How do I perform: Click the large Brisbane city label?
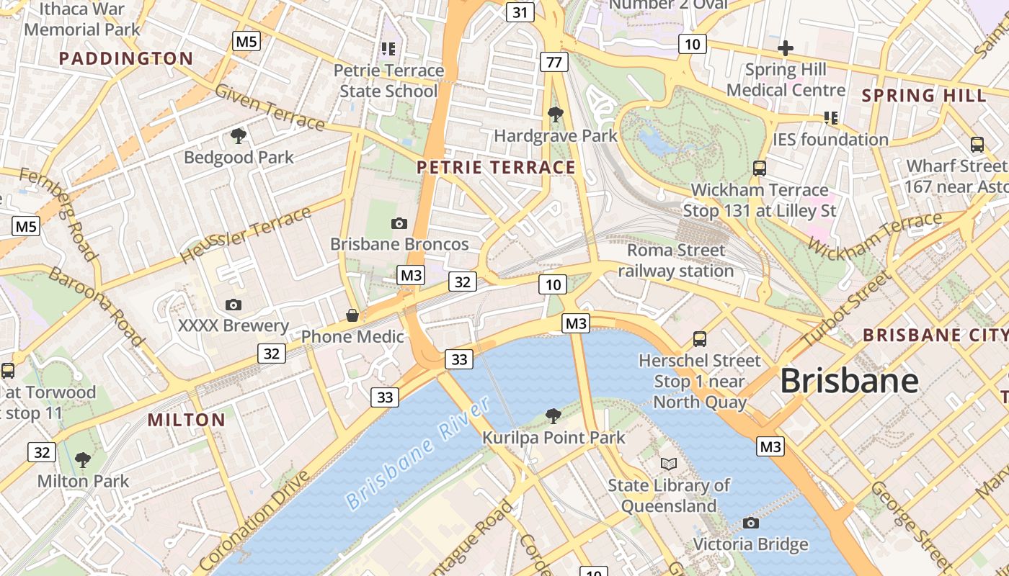[x=849, y=381]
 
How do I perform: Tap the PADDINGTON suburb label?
[x=126, y=58]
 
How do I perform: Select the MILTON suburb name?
[x=187, y=420]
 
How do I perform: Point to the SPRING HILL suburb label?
[x=924, y=95]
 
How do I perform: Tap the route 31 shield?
[x=520, y=12]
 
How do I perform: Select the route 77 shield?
[x=554, y=62]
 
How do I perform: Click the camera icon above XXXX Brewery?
[x=233, y=305]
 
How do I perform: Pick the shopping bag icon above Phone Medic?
[x=352, y=315]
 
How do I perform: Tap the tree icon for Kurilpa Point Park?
[x=554, y=415]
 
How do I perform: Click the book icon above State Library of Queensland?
[x=669, y=464]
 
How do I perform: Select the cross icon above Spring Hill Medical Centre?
[x=786, y=49]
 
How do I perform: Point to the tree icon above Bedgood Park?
[x=239, y=136]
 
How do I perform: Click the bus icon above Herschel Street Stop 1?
[x=699, y=339]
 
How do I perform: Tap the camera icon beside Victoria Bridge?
[x=751, y=523]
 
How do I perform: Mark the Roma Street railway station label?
[x=675, y=261]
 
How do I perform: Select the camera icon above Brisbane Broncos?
[x=399, y=224]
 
